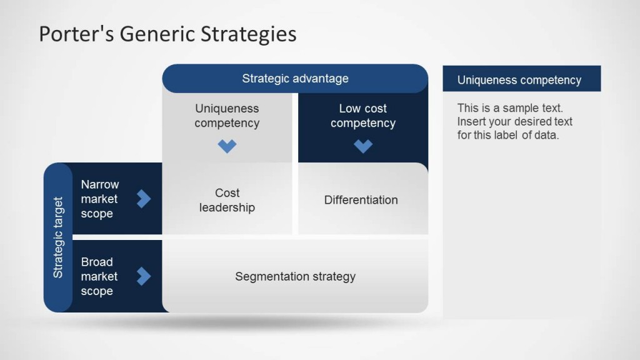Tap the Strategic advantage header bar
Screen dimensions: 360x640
[x=295, y=79]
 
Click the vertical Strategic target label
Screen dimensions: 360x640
[x=58, y=237]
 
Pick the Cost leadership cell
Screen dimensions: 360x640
[x=227, y=200]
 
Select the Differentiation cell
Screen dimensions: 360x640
[x=361, y=200]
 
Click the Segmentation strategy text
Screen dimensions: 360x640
[x=295, y=276]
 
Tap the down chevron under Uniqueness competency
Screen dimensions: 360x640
[x=227, y=146]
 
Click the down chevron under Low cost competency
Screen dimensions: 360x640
[x=363, y=146]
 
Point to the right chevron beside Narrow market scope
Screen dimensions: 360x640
[x=144, y=199]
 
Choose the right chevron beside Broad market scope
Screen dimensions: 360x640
[x=144, y=276]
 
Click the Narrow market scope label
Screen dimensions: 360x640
[x=99, y=199]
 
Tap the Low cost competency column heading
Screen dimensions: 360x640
[x=363, y=116]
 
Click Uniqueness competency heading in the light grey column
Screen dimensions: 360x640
[x=227, y=116]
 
